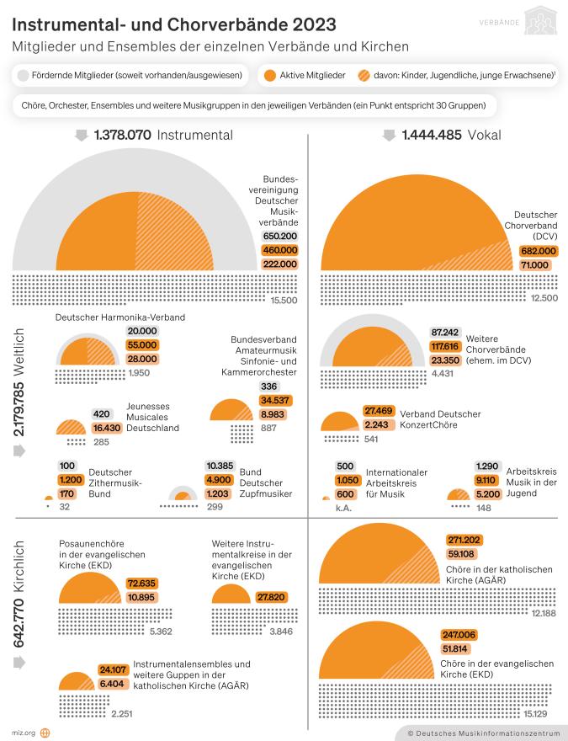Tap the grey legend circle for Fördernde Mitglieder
point(22,75)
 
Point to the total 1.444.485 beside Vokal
point(431,135)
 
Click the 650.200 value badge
point(279,237)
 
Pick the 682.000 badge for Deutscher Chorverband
point(539,250)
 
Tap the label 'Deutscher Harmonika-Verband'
point(120,317)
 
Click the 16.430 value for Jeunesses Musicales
point(108,428)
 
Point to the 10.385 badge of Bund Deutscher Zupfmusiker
point(219,466)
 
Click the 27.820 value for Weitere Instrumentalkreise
point(271,596)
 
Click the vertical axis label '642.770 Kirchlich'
point(21,594)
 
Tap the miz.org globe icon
point(45,733)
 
